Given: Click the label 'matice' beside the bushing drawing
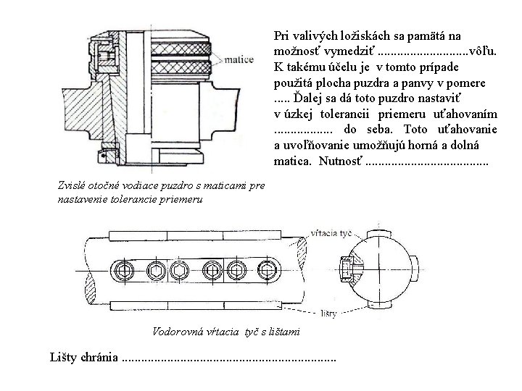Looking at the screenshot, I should (240, 60).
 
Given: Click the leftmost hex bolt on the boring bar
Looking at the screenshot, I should (123, 272).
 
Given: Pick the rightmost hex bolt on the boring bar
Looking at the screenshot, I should (269, 272).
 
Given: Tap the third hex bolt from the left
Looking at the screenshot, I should (178, 272).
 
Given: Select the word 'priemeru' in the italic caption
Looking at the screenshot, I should (182, 198).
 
